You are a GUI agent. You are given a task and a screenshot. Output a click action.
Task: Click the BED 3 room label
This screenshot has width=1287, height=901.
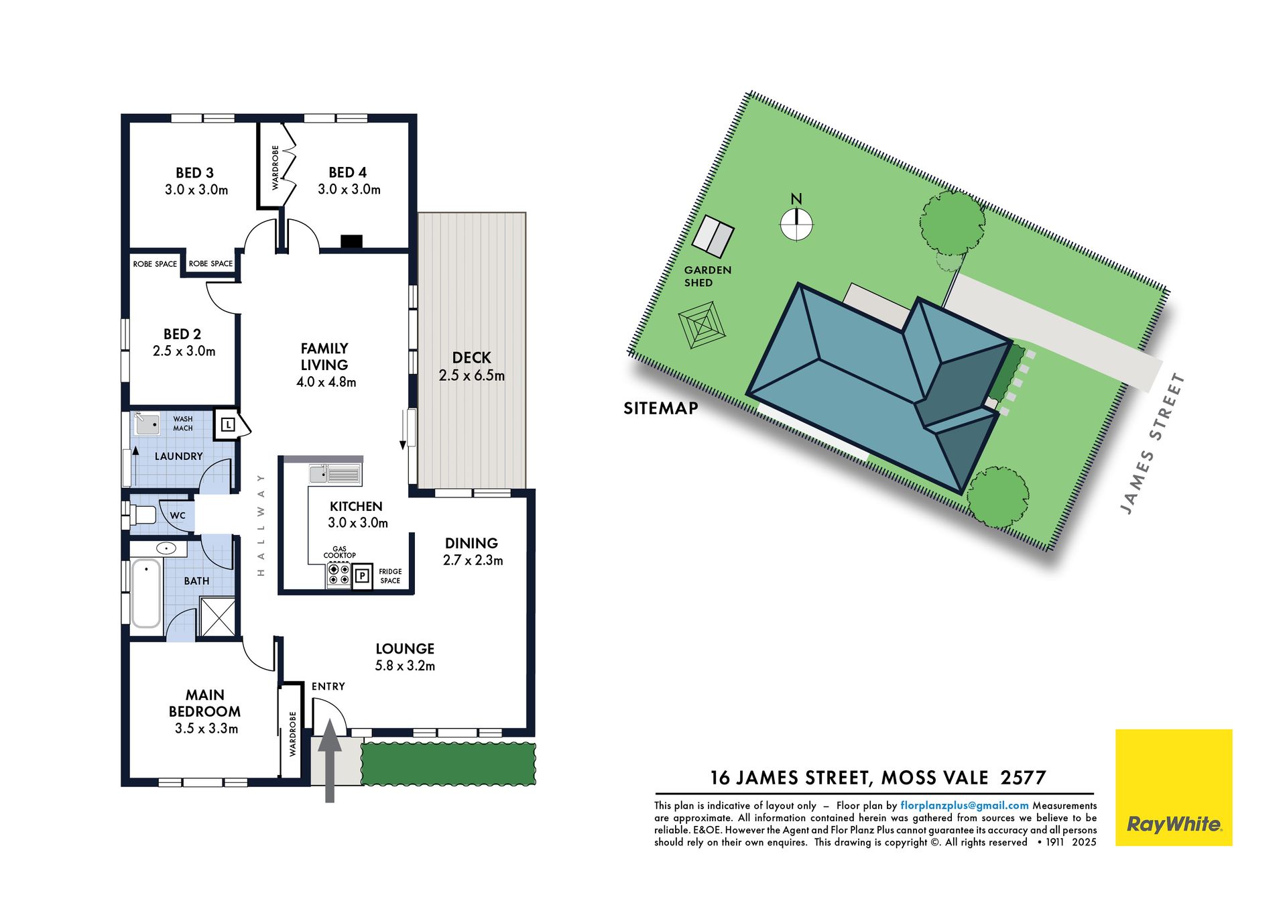pos(195,173)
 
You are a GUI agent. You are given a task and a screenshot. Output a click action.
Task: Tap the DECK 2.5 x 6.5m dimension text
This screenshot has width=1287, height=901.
pos(472,375)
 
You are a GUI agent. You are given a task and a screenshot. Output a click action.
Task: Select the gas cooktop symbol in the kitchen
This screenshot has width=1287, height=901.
pos(339,575)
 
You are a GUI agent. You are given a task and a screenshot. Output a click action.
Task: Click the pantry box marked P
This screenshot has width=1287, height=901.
pos(363,575)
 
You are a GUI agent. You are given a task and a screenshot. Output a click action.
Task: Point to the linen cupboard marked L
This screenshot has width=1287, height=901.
pos(228,424)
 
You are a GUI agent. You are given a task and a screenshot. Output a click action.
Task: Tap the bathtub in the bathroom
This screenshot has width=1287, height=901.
pos(146,593)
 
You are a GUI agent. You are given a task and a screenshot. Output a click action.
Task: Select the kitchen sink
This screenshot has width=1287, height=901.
pos(335,475)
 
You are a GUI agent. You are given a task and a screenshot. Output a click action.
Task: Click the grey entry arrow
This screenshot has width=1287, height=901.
pos(330,761)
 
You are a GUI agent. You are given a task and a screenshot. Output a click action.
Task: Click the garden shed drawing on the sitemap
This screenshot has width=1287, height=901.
pos(713,236)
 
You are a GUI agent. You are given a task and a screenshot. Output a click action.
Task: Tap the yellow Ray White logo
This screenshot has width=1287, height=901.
pos(1174,788)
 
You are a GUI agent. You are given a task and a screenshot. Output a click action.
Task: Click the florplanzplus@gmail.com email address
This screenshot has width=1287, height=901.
pos(965,805)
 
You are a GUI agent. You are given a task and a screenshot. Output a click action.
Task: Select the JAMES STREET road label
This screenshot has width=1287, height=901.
pos(1153,444)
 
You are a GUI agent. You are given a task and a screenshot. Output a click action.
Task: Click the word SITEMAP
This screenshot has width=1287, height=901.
pos(661,408)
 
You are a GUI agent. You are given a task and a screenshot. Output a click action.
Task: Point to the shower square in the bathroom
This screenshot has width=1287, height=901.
pos(218,617)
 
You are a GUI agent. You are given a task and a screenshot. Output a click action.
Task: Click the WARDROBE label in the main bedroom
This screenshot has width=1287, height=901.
pos(292,734)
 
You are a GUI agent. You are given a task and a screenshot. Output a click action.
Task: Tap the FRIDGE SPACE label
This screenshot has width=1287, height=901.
pos(390,576)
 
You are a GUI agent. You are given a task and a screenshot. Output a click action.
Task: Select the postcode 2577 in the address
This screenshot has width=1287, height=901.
pos(1023,778)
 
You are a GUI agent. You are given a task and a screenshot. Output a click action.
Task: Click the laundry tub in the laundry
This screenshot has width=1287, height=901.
pos(147,424)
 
